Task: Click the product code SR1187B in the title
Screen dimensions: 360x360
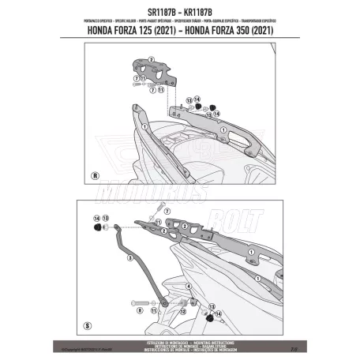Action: click(153, 13)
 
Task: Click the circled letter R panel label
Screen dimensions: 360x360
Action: click(96, 176)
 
